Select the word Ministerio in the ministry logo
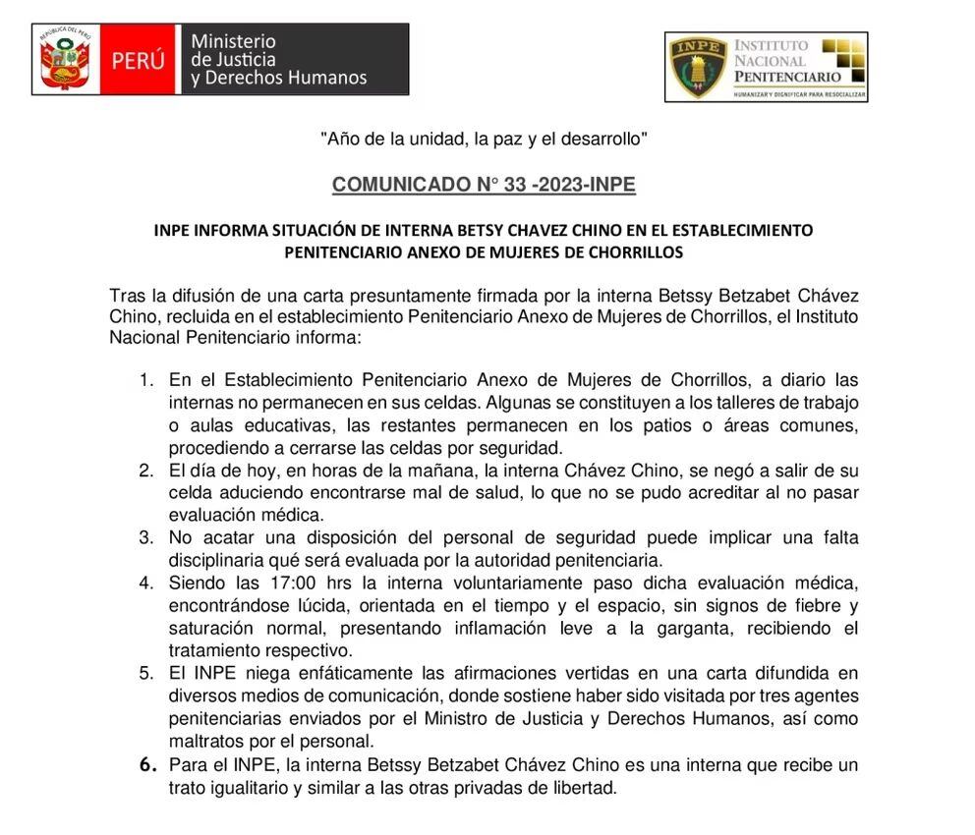233,41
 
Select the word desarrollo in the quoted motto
603,139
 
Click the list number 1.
146,379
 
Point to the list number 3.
146,537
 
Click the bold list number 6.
146,764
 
